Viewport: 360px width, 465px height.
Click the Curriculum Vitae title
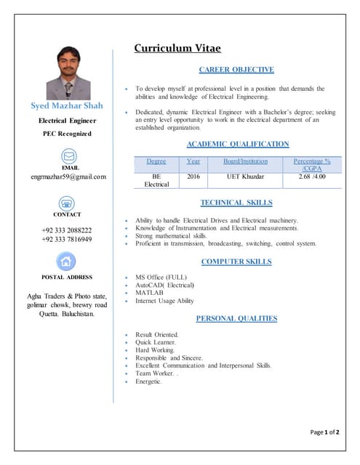(x=177, y=49)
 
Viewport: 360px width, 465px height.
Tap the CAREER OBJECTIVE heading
(x=236, y=70)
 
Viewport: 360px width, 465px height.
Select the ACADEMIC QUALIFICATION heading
(x=238, y=144)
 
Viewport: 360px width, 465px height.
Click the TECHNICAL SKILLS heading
(x=236, y=203)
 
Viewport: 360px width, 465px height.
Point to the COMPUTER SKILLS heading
(x=236, y=261)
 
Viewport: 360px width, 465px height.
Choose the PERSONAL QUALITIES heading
(x=236, y=318)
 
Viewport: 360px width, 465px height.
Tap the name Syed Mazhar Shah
(x=68, y=106)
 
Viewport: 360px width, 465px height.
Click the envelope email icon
(x=68, y=155)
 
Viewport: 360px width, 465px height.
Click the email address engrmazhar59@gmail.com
(x=68, y=177)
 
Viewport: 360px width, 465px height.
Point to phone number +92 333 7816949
(x=67, y=239)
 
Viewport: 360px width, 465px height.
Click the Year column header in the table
(x=193, y=161)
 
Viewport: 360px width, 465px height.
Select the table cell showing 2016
(x=193, y=177)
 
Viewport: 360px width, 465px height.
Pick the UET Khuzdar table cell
(x=245, y=177)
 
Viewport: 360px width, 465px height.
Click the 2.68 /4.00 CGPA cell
(x=312, y=177)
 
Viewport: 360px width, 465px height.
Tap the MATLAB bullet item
(x=147, y=293)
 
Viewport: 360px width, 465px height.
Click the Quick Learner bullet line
(x=156, y=341)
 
